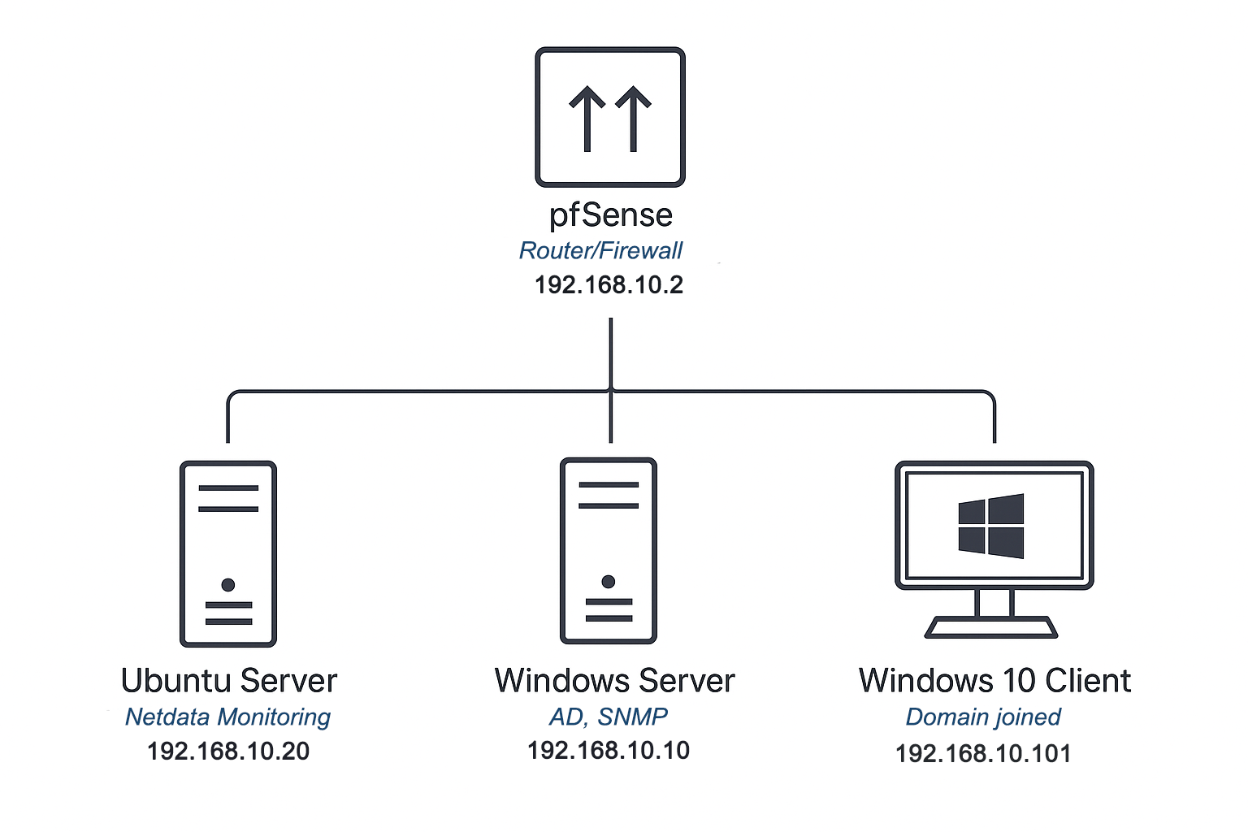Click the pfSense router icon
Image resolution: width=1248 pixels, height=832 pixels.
(609, 117)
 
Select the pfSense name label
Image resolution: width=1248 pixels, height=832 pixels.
(610, 215)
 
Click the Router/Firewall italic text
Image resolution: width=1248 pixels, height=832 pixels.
(600, 250)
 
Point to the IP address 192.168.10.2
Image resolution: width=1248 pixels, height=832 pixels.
(609, 285)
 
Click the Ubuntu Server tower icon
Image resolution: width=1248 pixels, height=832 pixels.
(228, 553)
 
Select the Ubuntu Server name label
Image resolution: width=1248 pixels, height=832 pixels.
(228, 681)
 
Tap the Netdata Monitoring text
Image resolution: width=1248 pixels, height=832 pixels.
(227, 717)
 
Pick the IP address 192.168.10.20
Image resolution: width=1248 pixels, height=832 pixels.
(228, 751)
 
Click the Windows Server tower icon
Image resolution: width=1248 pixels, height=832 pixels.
(609, 551)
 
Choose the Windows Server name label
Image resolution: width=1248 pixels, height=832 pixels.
(614, 681)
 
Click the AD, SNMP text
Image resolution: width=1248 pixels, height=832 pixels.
(609, 716)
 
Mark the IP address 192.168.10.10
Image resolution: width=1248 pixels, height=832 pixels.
(609, 750)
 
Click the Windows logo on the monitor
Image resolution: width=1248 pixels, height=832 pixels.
(990, 526)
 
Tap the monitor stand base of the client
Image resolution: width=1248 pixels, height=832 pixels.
(991, 628)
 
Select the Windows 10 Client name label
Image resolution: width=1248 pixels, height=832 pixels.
(994, 681)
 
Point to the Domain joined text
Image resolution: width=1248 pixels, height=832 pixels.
(983, 717)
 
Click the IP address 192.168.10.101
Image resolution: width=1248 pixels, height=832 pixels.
(983, 753)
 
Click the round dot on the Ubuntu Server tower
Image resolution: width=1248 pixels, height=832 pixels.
(228, 585)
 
